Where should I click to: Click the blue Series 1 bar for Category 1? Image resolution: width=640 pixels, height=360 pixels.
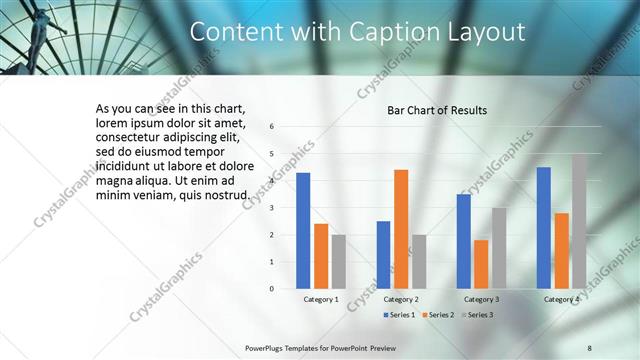click(303, 230)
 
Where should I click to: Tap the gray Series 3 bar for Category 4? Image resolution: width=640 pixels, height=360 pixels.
click(580, 220)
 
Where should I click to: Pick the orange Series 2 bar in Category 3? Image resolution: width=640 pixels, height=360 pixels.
click(481, 264)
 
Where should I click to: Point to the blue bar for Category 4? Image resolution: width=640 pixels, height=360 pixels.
click(544, 227)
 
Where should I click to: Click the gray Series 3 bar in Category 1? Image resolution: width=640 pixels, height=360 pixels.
click(339, 261)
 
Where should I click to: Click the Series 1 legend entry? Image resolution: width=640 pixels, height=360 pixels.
click(400, 315)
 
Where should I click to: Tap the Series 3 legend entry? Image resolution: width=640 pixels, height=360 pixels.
click(478, 315)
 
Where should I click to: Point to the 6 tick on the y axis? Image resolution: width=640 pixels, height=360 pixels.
click(272, 127)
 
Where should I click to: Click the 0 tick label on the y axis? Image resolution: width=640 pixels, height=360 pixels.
click(272, 289)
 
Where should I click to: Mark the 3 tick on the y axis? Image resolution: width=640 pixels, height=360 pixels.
click(272, 208)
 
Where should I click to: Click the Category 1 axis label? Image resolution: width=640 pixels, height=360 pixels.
click(321, 299)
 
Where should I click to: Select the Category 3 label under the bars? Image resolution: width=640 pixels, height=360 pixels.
click(481, 299)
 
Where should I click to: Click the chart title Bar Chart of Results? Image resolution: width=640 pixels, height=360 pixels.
click(437, 110)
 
